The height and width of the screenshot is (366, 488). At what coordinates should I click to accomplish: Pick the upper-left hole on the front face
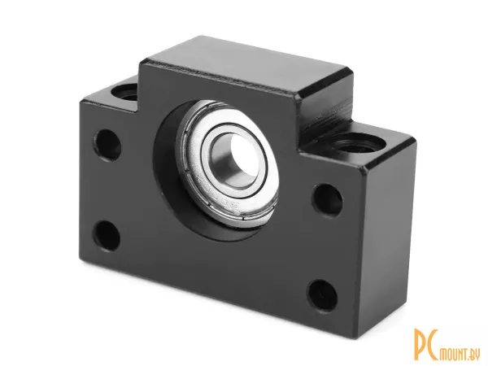pos(107,145)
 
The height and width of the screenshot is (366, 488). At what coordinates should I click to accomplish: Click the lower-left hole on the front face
pos(107,236)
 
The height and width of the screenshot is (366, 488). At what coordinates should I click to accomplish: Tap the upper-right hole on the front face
pos(328,200)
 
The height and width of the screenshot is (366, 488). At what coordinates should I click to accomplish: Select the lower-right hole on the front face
pos(322,295)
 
